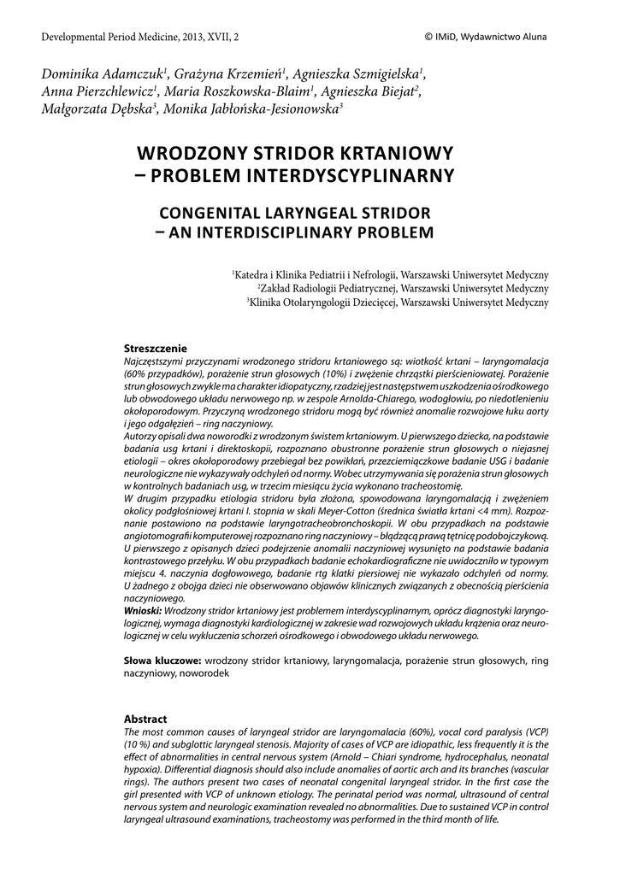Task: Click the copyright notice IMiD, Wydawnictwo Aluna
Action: click(490, 37)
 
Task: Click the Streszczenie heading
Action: click(155, 349)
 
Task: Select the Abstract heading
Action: click(145, 719)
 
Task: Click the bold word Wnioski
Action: click(141, 612)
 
